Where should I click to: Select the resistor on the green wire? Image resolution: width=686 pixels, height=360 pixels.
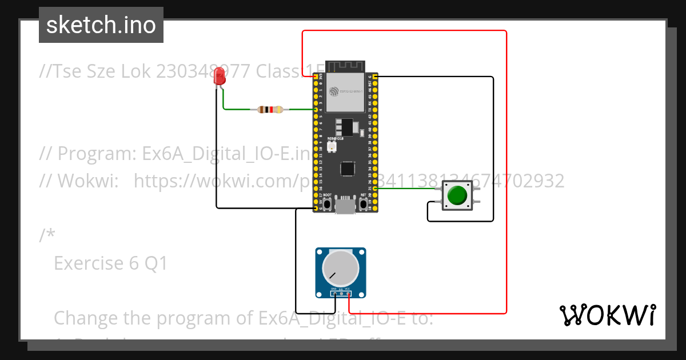pos(270,110)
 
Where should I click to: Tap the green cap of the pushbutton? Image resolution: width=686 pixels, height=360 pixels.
pos(457,195)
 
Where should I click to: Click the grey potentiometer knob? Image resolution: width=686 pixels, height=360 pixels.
pos(341,268)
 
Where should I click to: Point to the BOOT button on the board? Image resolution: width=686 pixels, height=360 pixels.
pos(327,204)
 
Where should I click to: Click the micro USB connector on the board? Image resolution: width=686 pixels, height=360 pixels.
pos(345,205)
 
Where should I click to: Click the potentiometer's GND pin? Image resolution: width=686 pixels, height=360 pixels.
pos(334,294)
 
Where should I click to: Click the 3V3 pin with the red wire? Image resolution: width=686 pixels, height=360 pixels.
pos(316,76)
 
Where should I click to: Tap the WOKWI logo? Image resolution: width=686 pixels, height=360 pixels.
pos(607,315)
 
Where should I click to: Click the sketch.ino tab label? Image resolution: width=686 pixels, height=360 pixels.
pos(101,25)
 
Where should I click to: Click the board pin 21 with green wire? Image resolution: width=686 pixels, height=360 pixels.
pos(373,188)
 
